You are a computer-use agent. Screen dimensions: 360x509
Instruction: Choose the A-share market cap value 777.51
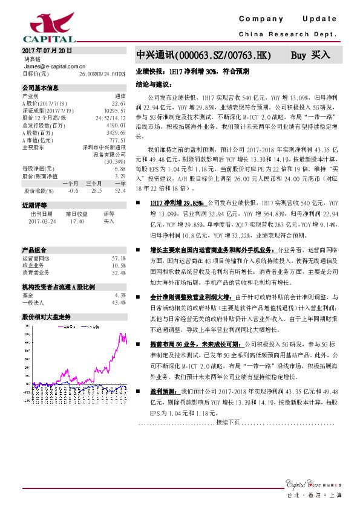pyautogui.click(x=117, y=140)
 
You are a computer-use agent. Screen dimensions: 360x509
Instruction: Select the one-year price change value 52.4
pyautogui.click(x=119, y=191)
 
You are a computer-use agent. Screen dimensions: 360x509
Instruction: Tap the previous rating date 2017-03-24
pyautogui.click(x=42, y=221)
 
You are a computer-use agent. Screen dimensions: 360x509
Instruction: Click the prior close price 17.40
pyautogui.click(x=76, y=221)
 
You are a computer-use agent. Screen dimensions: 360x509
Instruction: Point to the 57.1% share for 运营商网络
pyautogui.click(x=119, y=258)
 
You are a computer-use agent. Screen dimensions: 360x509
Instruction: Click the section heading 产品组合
pyautogui.click(x=35, y=249)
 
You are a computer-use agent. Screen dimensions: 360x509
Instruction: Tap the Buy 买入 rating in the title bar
pyautogui.click(x=310, y=55)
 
